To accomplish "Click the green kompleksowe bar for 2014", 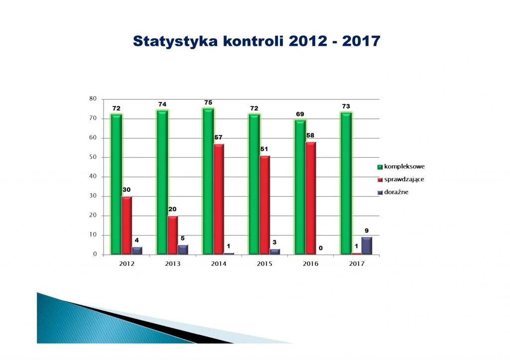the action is [208, 181].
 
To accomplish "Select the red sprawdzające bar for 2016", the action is [311, 198].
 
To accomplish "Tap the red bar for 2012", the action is [127, 226].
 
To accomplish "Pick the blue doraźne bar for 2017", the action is [367, 246].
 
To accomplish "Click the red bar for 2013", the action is [173, 235].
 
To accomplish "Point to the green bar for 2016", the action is [300, 187].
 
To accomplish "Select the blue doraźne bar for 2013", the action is [183, 250].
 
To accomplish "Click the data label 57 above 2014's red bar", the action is [218, 137].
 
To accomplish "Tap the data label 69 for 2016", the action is [300, 114].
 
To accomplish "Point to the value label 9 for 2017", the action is [367, 231].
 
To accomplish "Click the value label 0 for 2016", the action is [321, 248].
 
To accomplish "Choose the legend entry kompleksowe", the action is [401, 166].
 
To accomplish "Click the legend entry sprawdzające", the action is [401, 180].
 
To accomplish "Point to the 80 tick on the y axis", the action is [93, 99].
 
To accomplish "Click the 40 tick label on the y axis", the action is [93, 176].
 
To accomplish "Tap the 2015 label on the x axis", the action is [264, 264].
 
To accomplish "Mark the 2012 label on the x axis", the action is [127, 264].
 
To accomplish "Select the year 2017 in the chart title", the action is [362, 41].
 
